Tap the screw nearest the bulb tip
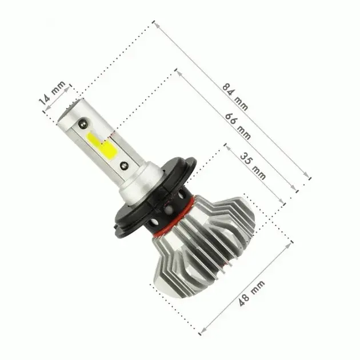point(84,122)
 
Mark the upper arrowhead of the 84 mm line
point(155,24)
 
